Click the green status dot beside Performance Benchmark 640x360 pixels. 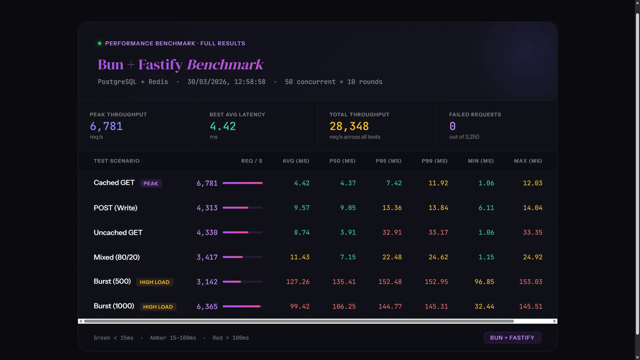pos(99,43)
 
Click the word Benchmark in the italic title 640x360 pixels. pos(225,65)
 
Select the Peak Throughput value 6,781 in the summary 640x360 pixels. pos(106,126)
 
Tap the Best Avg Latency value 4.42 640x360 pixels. pos(223,126)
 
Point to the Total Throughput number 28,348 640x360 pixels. pos(349,126)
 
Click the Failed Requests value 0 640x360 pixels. pos(452,126)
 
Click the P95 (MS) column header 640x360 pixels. pos(388,161)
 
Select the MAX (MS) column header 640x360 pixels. pos(528,161)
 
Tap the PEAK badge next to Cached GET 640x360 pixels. pos(151,184)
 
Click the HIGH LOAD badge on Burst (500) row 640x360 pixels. pos(154,282)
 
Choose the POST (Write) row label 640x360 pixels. pos(115,208)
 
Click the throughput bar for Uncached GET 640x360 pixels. pos(242,232)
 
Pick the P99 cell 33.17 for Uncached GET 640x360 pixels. pos(438,233)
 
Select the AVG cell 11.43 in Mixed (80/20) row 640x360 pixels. pos(299,257)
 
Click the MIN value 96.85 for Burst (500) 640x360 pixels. pos(484,282)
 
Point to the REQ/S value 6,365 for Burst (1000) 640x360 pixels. pos(207,307)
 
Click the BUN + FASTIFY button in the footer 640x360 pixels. pos(512,338)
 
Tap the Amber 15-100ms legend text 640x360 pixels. pos(173,338)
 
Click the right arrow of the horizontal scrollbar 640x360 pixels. pos(554,321)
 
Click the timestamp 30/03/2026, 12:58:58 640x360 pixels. pos(226,82)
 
